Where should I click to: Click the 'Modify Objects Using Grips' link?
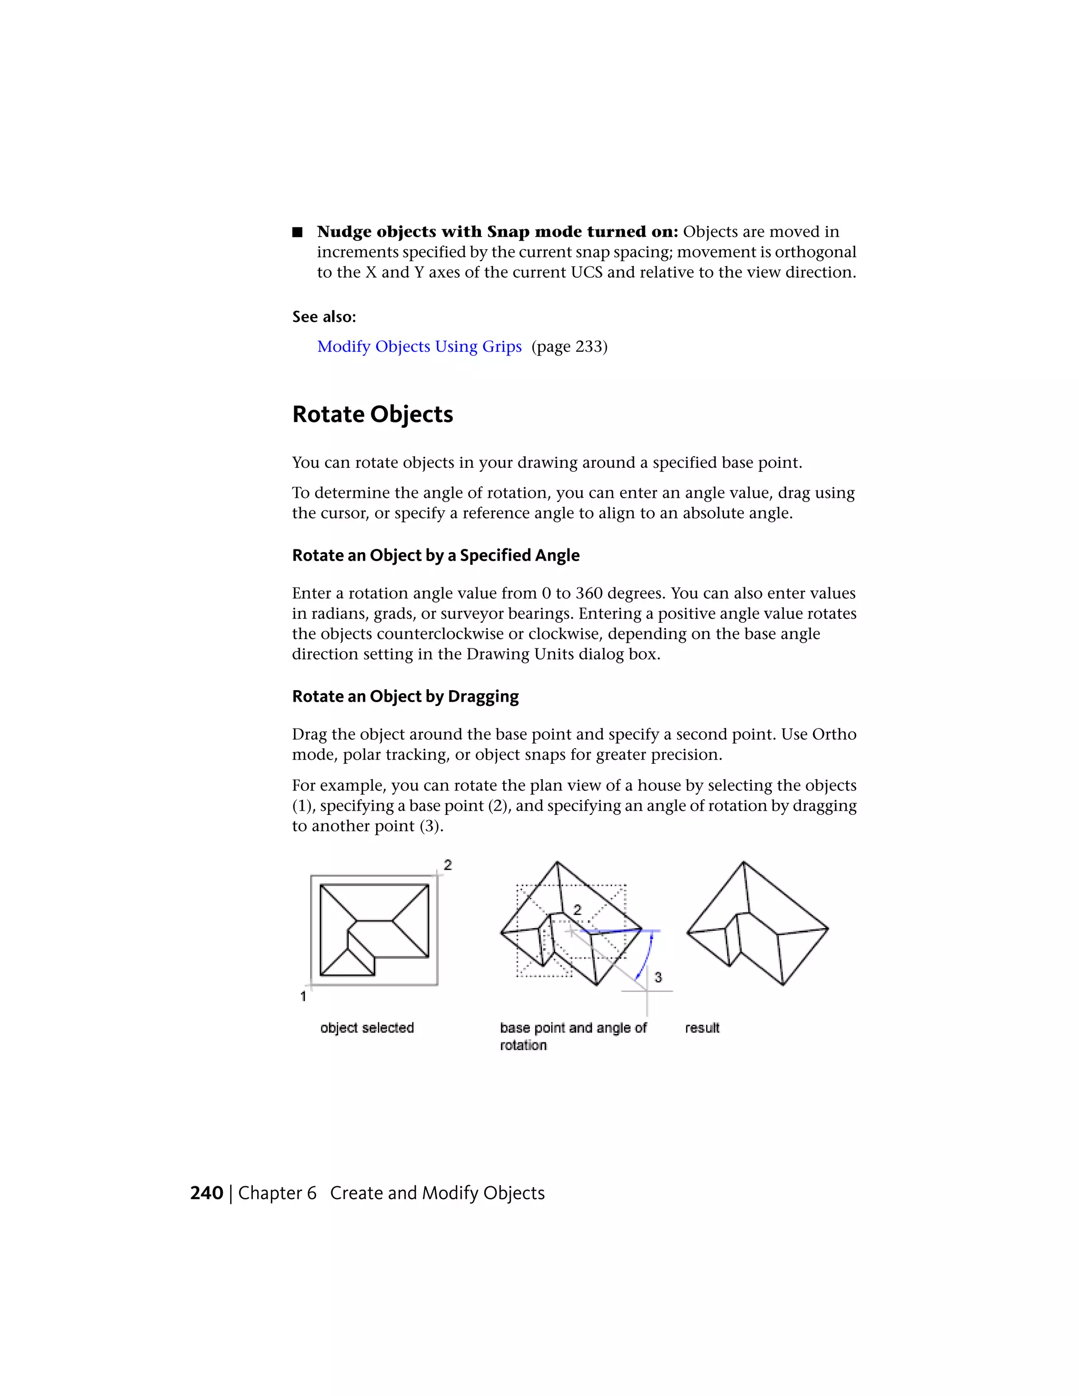point(419,347)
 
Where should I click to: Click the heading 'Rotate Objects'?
point(372,414)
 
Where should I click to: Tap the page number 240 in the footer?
point(207,1193)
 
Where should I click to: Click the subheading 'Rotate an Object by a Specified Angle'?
point(435,555)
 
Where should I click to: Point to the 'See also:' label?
point(324,317)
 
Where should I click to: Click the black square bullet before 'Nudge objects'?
point(297,232)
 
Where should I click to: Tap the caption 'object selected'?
point(367,1028)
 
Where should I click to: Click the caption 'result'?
point(702,1028)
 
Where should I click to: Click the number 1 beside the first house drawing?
point(303,996)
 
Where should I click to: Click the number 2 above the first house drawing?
point(448,865)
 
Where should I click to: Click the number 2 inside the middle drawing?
point(577,910)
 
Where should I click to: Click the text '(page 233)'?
point(570,347)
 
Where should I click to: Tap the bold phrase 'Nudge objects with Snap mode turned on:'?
point(497,231)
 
